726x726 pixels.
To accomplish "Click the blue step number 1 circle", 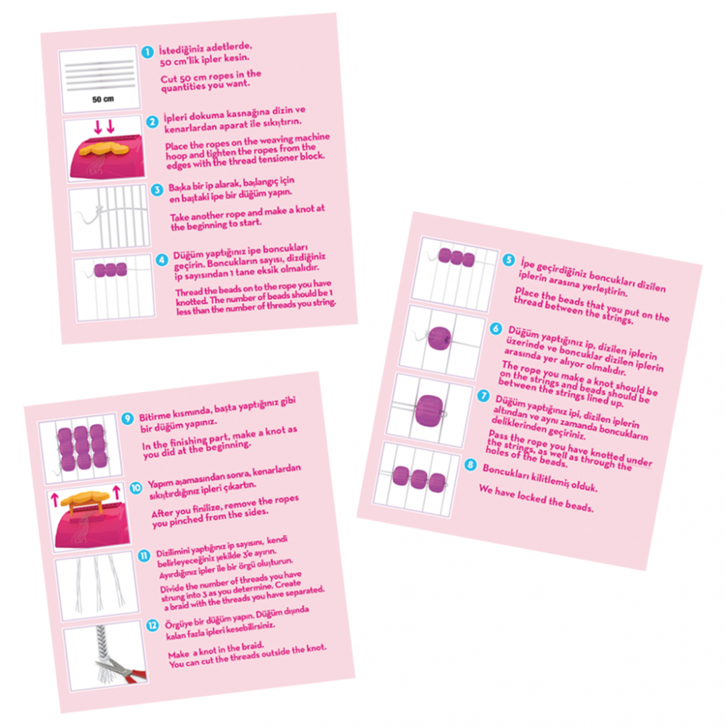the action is click(147, 52).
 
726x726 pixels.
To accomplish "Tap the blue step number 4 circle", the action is click(162, 260).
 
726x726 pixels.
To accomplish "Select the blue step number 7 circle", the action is click(484, 396).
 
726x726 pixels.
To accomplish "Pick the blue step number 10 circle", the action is click(136, 488).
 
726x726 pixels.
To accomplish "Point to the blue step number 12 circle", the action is click(152, 626).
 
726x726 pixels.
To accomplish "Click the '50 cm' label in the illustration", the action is click(103, 99).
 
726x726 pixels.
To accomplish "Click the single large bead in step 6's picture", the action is click(439, 338).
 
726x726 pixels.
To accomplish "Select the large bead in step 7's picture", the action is click(429, 410).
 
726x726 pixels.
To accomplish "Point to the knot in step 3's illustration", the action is click(99, 211).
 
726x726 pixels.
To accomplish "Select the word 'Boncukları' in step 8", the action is click(505, 473).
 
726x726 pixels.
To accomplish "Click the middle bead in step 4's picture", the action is click(110, 270).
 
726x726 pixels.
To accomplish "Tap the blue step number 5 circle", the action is click(508, 260).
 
